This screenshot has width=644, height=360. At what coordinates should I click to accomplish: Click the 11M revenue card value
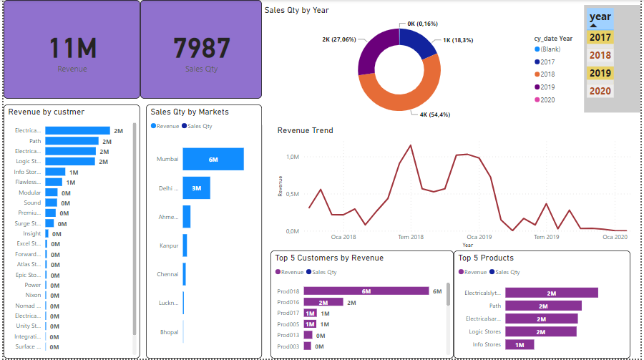[72, 48]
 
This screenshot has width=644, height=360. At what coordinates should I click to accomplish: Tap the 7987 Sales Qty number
[202, 48]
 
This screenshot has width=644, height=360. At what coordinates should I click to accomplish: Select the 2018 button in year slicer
[600, 55]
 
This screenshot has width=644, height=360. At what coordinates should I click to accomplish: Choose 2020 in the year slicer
[600, 91]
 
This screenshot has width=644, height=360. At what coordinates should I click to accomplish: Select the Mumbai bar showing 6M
[213, 159]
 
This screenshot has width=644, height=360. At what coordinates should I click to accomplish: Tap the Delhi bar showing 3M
[196, 188]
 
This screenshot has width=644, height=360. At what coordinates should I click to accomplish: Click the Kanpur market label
[168, 245]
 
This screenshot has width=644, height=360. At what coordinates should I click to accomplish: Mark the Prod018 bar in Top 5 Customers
[366, 291]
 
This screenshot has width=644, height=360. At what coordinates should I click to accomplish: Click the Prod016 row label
[288, 303]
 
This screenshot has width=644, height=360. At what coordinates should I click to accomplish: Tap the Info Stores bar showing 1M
[519, 344]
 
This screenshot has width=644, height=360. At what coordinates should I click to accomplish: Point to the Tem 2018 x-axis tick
[411, 237]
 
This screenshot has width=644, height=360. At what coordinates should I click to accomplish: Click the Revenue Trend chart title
[305, 130]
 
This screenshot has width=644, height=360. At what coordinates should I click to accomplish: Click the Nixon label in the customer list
[32, 295]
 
